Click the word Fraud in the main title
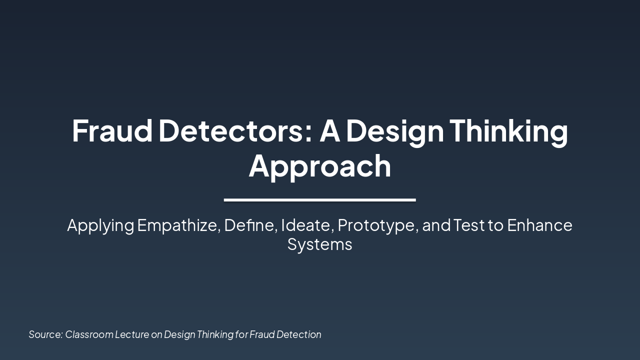click(x=112, y=130)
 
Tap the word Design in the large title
click(x=394, y=131)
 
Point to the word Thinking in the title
click(x=508, y=131)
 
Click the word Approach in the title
click(x=320, y=166)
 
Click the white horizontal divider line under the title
click(x=320, y=200)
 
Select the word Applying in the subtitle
click(x=100, y=226)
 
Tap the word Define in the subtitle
click(x=249, y=225)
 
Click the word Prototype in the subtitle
click(x=377, y=226)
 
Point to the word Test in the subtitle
click(x=469, y=225)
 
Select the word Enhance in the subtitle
click(x=539, y=225)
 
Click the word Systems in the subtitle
click(x=320, y=245)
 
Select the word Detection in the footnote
click(x=299, y=334)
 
